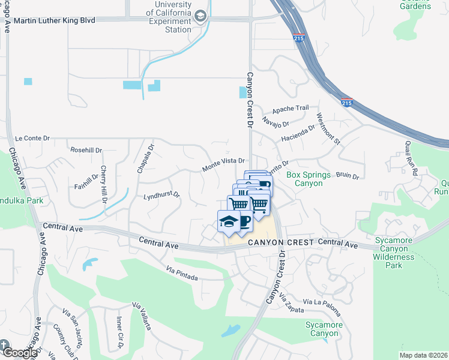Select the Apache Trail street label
point(291,109)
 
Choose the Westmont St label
point(328,129)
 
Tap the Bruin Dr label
point(347,176)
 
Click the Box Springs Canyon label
point(309,179)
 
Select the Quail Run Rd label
point(411,158)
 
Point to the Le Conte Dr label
point(32,138)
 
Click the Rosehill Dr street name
point(86,150)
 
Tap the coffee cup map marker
point(244,222)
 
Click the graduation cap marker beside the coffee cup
point(228,222)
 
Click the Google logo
point(19,352)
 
